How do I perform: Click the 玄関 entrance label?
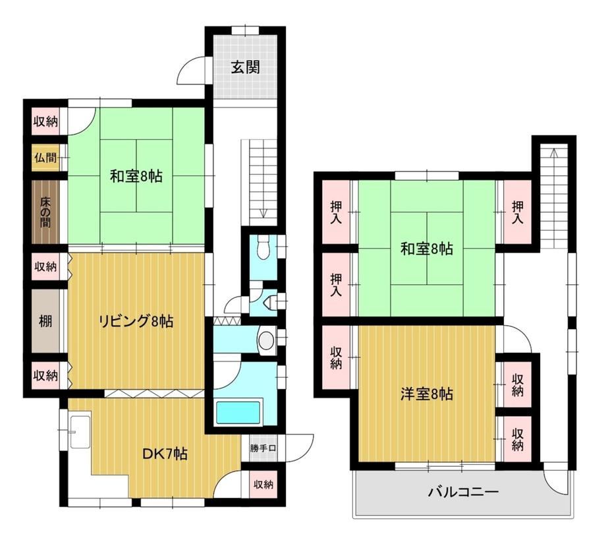(x=245, y=67)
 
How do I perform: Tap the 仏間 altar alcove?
(x=45, y=158)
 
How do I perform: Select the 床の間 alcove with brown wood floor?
(x=45, y=212)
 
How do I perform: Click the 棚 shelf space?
(x=45, y=321)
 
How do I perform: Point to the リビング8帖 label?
(x=136, y=321)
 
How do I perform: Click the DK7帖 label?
(x=165, y=454)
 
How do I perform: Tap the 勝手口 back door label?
(x=263, y=448)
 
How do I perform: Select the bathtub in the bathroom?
(x=238, y=412)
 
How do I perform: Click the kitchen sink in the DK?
(x=80, y=432)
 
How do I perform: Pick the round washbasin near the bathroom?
(x=266, y=340)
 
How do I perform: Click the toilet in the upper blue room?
(x=263, y=248)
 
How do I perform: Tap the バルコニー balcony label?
(x=463, y=493)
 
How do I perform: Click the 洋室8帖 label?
(x=426, y=394)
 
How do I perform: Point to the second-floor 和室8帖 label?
(x=426, y=249)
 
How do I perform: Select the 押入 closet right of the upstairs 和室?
(x=518, y=212)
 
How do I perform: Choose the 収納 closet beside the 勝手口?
(x=263, y=484)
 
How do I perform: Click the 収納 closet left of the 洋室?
(x=336, y=357)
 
